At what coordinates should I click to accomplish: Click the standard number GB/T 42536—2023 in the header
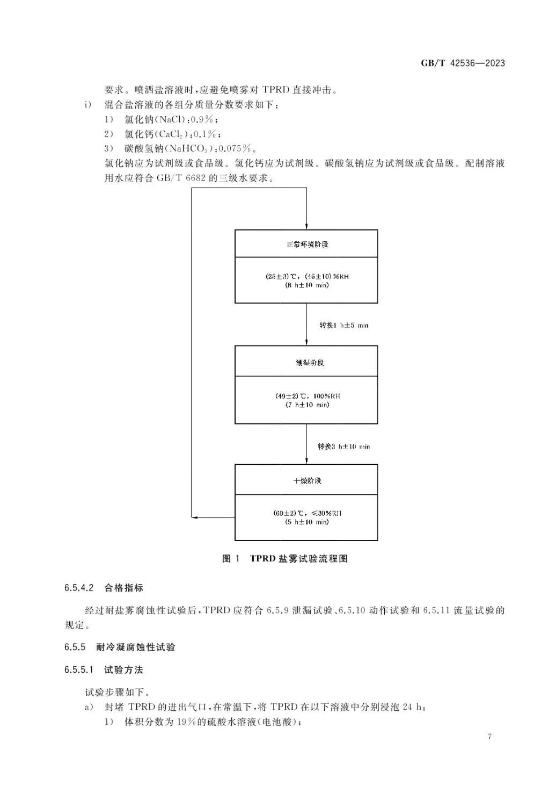[463, 63]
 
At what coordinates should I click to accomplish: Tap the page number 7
[489, 736]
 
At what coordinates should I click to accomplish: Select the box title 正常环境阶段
[306, 244]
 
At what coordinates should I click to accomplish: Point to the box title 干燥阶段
[307, 480]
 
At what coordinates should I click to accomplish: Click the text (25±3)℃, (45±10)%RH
[307, 276]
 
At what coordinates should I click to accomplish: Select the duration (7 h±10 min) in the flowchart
[307, 405]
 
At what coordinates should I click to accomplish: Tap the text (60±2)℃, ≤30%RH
[307, 513]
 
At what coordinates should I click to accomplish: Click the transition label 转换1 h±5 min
[344, 325]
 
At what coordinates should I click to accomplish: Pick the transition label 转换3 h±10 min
[343, 446]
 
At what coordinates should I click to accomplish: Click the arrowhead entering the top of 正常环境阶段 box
[306, 226]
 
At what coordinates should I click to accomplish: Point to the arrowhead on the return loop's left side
[194, 517]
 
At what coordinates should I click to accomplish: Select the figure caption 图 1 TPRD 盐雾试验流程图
[285, 559]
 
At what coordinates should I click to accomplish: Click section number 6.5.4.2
[79, 588]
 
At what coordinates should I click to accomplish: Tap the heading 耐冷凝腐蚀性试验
[136, 647]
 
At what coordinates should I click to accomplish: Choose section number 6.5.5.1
[79, 669]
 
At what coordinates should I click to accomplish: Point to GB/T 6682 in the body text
[182, 178]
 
